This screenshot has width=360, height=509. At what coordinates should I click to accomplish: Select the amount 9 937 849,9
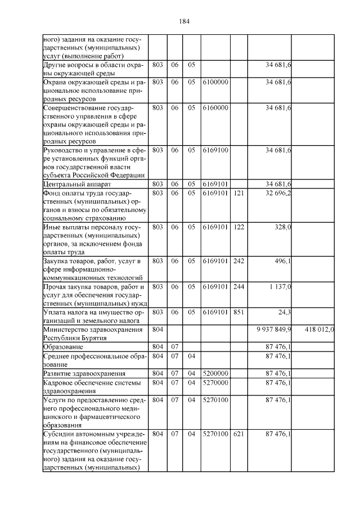click(273, 328)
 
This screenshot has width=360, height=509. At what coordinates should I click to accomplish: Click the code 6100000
click(215, 82)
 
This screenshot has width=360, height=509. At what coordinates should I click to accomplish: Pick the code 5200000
click(215, 373)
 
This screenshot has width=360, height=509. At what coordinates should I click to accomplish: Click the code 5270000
click(215, 382)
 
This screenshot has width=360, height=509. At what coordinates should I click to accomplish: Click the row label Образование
click(64, 348)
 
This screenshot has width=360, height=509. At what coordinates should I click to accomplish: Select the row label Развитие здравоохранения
click(84, 373)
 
